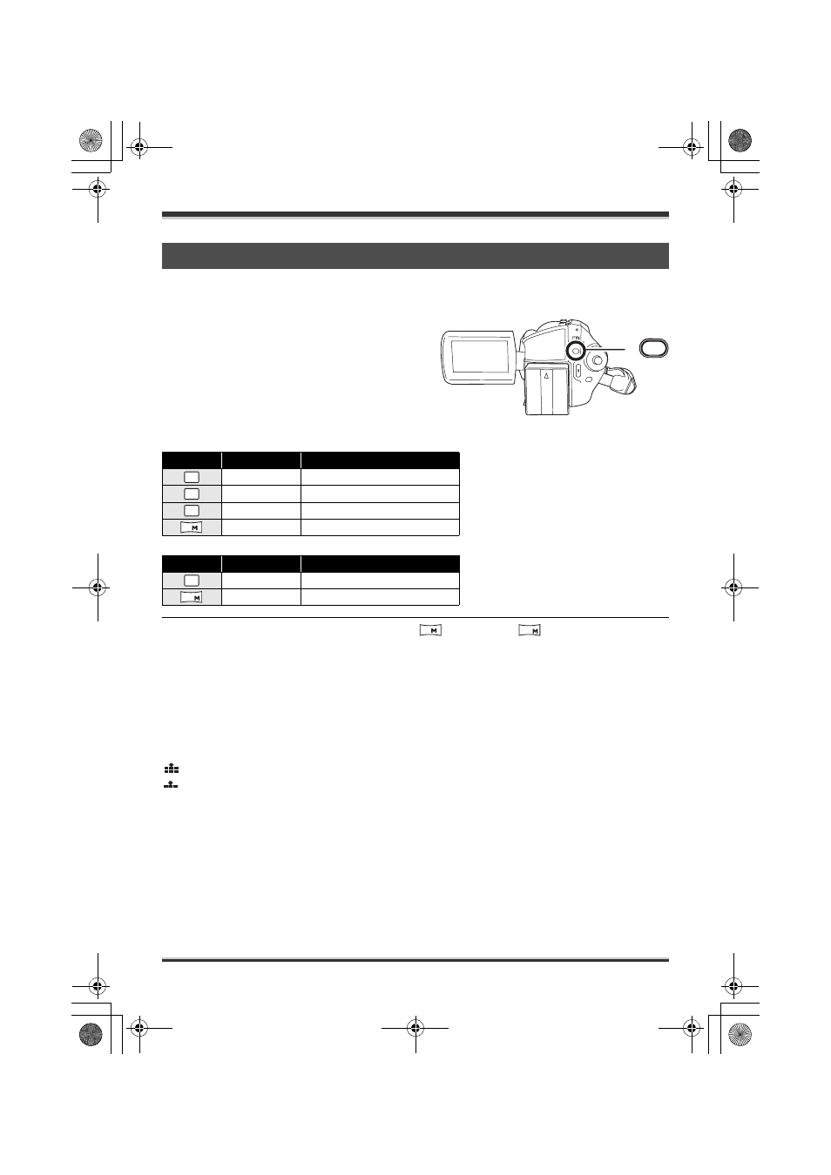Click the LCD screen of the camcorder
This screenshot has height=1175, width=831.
click(480, 357)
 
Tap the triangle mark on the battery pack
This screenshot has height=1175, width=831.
click(546, 376)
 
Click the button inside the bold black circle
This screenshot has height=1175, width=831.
click(576, 351)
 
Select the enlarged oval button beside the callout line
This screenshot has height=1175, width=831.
click(653, 348)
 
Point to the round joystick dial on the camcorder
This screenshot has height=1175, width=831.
click(597, 359)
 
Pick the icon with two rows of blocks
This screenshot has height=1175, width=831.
click(171, 769)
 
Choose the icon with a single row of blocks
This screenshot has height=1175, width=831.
click(171, 785)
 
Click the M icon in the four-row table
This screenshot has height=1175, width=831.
click(191, 527)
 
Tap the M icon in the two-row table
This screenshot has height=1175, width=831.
click(191, 597)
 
